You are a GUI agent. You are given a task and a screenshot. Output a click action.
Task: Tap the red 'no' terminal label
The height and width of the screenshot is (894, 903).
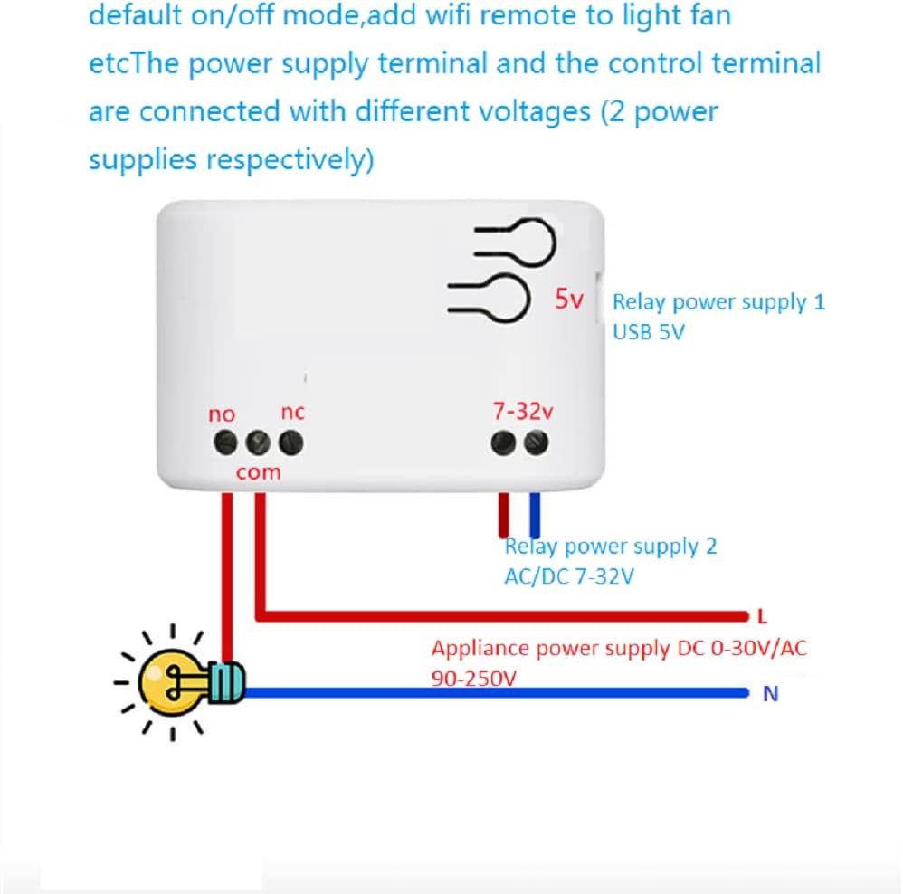point(222,414)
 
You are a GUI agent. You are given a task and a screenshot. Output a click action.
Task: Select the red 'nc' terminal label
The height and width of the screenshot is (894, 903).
point(292,412)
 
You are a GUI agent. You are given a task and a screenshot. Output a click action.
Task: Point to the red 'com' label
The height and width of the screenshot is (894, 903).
point(259,471)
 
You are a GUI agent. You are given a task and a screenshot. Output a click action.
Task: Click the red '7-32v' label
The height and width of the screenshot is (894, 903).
point(522,410)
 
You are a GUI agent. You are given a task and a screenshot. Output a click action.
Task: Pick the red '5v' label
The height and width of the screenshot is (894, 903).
point(570,300)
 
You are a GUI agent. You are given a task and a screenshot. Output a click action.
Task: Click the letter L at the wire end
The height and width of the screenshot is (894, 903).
point(762,617)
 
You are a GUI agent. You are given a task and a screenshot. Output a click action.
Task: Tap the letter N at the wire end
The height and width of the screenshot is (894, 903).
point(771,695)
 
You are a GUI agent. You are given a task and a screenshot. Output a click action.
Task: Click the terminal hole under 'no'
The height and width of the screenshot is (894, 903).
point(226,442)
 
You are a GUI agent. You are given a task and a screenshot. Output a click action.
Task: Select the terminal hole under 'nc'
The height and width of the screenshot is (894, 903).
point(290,442)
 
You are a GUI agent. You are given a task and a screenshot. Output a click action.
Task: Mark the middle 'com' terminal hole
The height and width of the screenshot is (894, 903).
point(259,442)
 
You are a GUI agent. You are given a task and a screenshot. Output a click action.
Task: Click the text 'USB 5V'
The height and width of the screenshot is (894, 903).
point(649,332)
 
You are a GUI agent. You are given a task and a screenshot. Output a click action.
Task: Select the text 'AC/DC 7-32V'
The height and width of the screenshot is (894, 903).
point(569,575)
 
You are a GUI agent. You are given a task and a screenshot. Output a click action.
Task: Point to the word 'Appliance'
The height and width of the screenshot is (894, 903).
point(480,648)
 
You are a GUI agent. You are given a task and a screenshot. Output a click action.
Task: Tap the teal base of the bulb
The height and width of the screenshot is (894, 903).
point(228,681)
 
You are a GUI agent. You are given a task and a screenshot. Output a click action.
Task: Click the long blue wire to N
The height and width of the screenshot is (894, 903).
point(498,694)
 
